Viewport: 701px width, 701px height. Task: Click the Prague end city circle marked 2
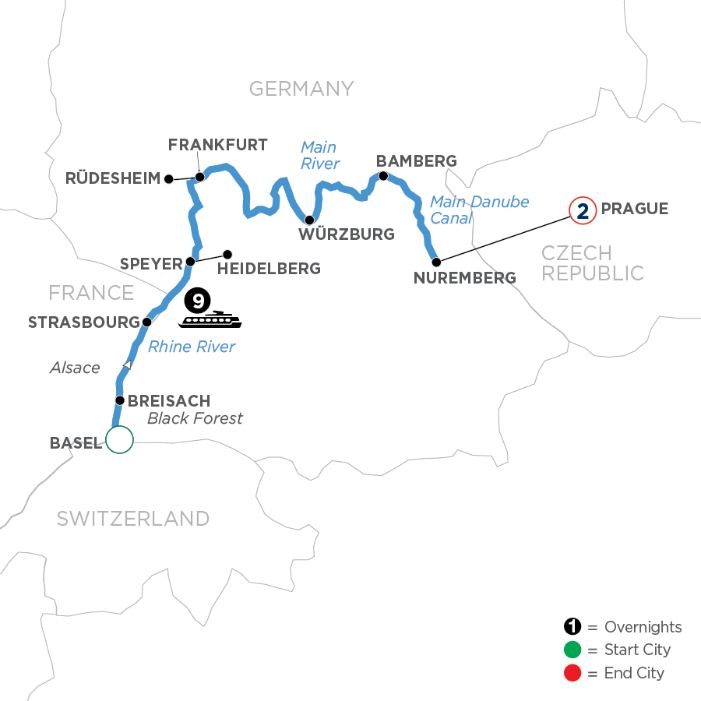(x=581, y=210)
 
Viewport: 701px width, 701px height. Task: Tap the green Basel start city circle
(x=120, y=440)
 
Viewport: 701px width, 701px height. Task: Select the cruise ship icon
(x=211, y=320)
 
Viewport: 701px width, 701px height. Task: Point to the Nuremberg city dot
(x=436, y=262)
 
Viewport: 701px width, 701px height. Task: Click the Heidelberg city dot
(x=227, y=254)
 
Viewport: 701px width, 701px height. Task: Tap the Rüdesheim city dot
(x=167, y=179)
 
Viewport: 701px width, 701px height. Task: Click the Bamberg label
(x=416, y=161)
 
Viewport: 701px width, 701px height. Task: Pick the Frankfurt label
(x=218, y=145)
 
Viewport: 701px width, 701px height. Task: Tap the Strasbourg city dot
(x=146, y=321)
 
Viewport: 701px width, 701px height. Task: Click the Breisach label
(x=169, y=401)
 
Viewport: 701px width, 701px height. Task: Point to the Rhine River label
(x=192, y=347)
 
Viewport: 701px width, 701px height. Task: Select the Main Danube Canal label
(x=479, y=210)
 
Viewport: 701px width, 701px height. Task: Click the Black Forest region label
(x=195, y=419)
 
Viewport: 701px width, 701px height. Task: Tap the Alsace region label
(x=75, y=368)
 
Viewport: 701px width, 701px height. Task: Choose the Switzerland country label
(x=132, y=519)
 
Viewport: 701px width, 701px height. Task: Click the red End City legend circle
(x=573, y=672)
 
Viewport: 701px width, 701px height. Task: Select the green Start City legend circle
(x=573, y=650)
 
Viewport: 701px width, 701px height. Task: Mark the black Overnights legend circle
(x=573, y=627)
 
